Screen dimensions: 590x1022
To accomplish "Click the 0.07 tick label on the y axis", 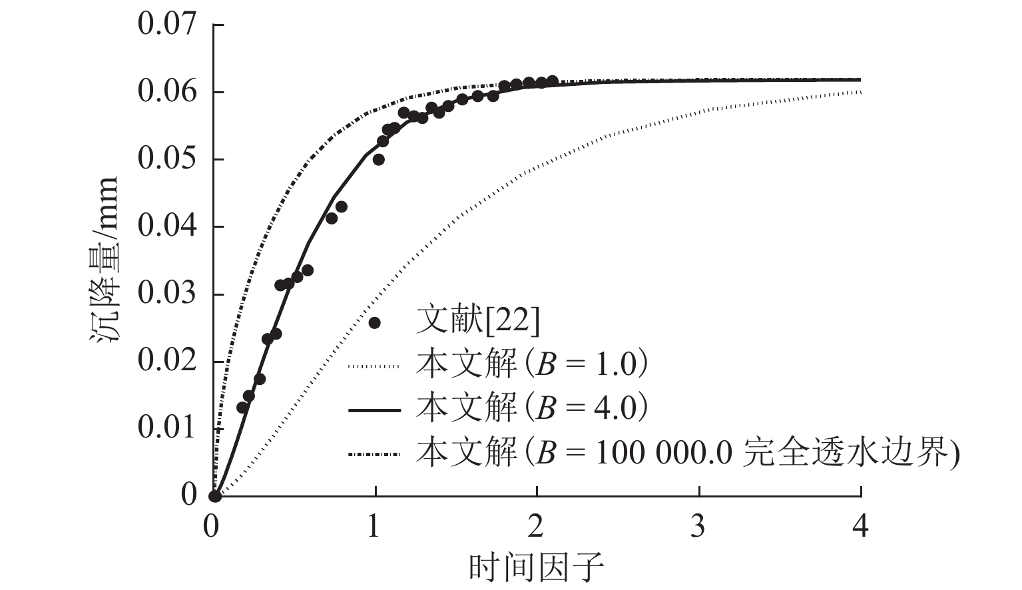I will pos(167,25).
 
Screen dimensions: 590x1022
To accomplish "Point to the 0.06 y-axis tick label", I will pos(167,91).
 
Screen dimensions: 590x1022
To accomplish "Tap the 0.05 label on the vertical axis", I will pos(167,159).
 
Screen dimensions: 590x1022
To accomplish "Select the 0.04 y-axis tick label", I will pos(167,226).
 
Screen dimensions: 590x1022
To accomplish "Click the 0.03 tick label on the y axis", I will pos(167,294).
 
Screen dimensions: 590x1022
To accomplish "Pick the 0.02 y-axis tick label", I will pos(167,361).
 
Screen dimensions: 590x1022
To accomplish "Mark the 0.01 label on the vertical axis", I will pos(167,428).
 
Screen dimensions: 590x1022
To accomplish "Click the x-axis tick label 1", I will pos(374,527).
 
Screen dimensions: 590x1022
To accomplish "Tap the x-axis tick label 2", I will pos(536,527).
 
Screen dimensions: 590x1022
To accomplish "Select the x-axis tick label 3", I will pos(698,527).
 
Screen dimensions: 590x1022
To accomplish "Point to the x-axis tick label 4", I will pos(860,527).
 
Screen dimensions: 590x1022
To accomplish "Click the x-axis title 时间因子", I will pos(537,568).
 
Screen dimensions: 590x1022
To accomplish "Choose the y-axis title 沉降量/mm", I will pos(105,260).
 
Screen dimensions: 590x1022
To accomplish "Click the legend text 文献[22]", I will pos(477,322).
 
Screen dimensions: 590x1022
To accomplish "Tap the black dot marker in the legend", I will pos(374,323).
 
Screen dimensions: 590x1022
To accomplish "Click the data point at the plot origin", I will pos(214,496).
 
